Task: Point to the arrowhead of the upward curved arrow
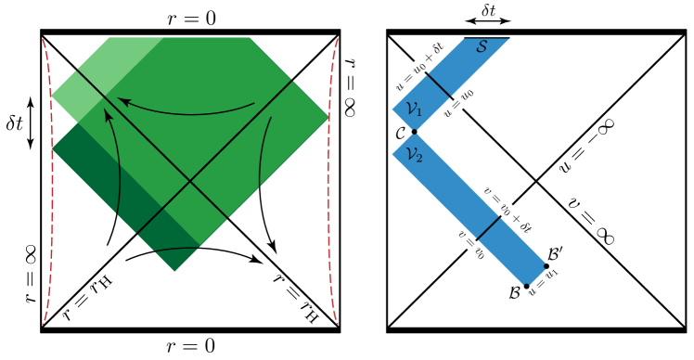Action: (x=107, y=113)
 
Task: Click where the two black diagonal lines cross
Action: (x=191, y=180)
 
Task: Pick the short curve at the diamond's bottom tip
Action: (x=176, y=250)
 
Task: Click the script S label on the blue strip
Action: (x=482, y=45)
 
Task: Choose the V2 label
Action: (x=414, y=154)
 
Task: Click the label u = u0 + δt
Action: (x=421, y=66)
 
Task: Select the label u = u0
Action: (x=458, y=103)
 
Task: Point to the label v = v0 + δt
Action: (x=508, y=211)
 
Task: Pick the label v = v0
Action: (x=471, y=244)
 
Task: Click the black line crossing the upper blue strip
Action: (x=439, y=85)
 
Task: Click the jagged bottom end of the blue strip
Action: (x=532, y=276)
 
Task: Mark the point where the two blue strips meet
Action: (x=413, y=135)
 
